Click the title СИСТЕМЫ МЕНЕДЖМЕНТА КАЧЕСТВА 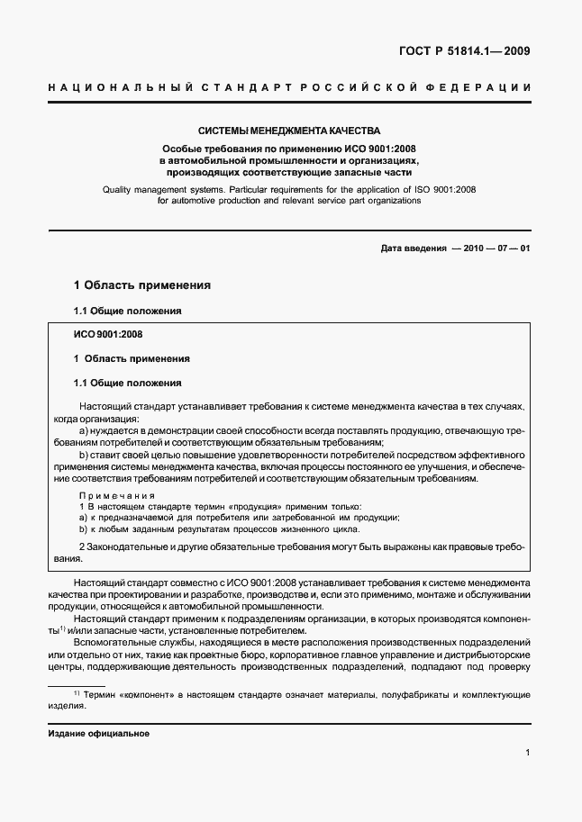coord(289,131)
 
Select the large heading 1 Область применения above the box coord(142,285)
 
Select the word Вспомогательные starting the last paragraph coord(122,644)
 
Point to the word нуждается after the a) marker coord(119,431)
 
